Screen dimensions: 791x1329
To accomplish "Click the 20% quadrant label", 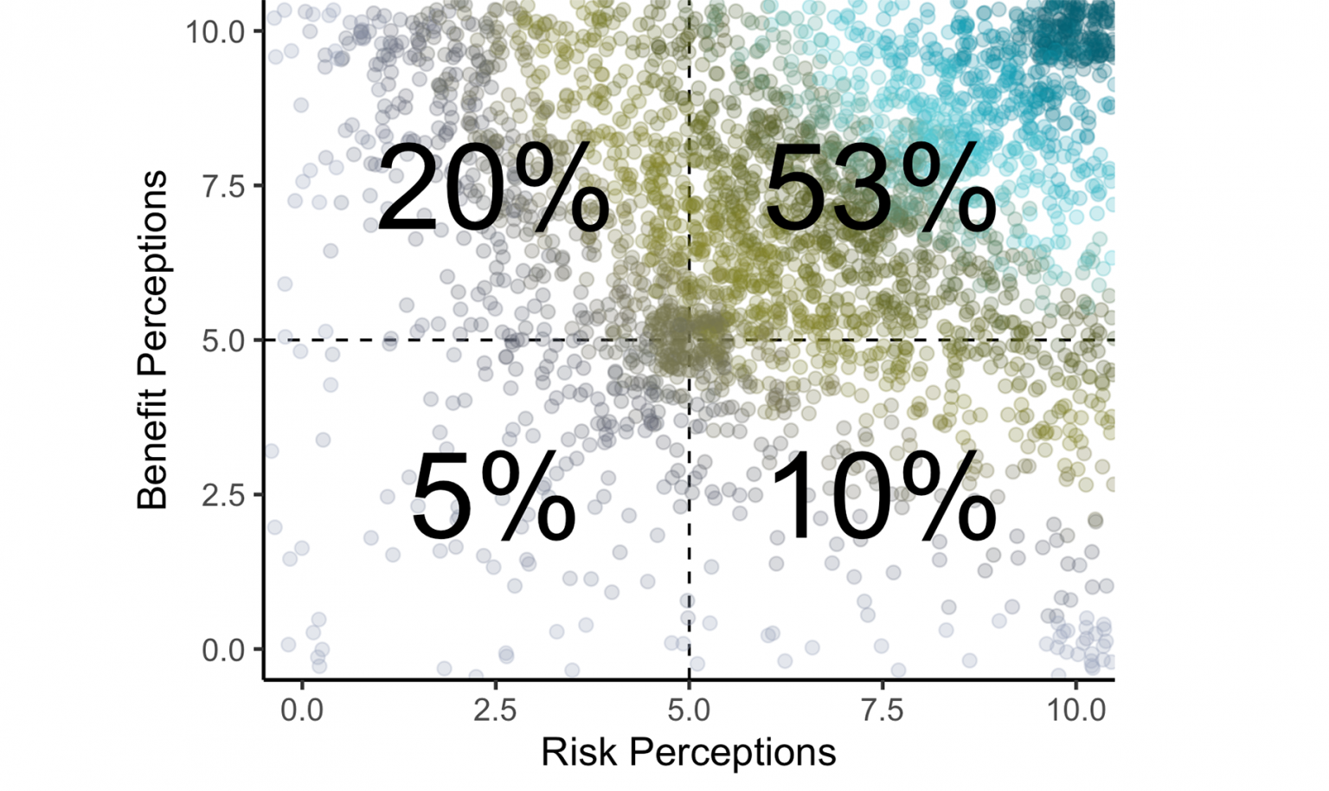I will point(493,190).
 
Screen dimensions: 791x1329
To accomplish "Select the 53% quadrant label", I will point(879,190).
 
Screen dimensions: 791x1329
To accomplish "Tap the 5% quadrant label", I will point(493,499).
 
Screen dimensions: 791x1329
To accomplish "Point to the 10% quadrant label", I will point(883,499).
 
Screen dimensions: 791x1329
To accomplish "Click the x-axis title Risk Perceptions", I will point(689,752).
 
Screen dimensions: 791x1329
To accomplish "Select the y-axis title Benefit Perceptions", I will point(152,340).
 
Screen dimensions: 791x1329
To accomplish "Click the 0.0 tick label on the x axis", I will point(302,711).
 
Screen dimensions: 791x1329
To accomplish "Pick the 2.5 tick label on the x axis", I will point(495,711).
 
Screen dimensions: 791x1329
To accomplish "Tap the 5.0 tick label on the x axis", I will point(689,711).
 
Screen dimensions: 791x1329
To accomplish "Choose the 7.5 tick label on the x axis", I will point(882,711).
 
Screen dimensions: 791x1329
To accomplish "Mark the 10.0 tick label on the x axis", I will point(1075,711).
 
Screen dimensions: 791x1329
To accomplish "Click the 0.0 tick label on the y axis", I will point(223,650).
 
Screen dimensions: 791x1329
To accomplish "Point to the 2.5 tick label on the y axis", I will point(223,495).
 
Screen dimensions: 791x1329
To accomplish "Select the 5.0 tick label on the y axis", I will point(223,341).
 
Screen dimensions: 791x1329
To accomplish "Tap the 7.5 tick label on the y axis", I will point(223,186).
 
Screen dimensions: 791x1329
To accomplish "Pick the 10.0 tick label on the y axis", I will point(216,32).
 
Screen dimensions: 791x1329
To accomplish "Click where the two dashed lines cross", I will point(689,340).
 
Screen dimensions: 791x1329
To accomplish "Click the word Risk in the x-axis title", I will point(575,752).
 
